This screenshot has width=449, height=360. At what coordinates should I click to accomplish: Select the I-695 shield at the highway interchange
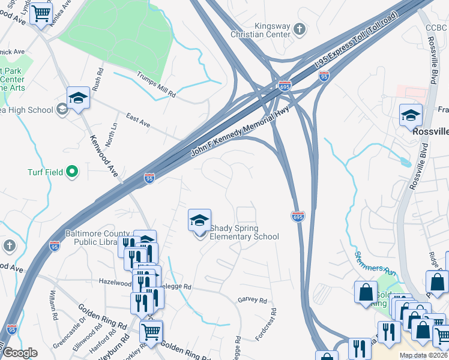(285, 85)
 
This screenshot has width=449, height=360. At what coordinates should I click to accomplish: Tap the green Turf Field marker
(72, 173)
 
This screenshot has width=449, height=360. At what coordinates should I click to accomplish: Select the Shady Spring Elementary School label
(244, 232)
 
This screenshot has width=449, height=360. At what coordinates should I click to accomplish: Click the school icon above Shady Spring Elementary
(199, 220)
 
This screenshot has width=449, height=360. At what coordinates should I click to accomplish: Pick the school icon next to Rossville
(411, 115)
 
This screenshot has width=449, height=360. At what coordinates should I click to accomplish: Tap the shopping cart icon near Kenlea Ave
(41, 12)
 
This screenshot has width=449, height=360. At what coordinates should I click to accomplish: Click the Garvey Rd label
(252, 299)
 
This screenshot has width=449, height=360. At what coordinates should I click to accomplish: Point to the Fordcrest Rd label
(266, 325)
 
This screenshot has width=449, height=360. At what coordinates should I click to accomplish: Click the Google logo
(20, 353)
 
